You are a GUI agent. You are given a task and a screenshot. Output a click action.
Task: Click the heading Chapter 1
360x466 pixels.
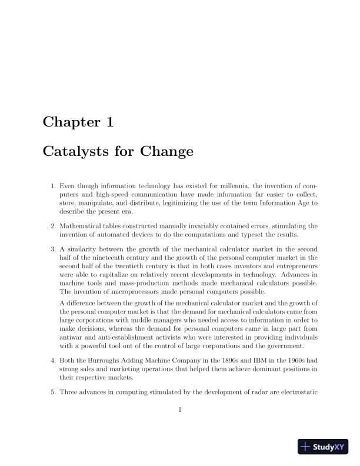pyautogui.click(x=78, y=122)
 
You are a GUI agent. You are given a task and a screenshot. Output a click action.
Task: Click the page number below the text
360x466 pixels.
pyautogui.click(x=180, y=410)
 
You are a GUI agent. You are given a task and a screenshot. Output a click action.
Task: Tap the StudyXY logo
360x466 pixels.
pyautogui.click(x=323, y=447)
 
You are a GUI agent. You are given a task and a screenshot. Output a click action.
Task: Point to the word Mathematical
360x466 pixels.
pyautogui.click(x=82, y=225)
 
